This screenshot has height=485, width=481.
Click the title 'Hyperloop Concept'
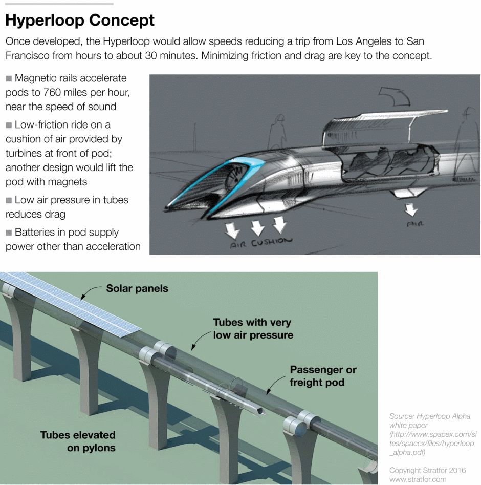[80, 20]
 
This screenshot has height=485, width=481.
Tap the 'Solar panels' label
[137, 289]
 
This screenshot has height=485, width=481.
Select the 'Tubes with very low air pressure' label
[253, 329]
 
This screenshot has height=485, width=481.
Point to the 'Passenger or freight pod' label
[323, 376]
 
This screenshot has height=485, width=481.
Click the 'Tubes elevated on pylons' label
[78, 441]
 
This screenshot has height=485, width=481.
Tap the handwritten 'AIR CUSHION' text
[261, 242]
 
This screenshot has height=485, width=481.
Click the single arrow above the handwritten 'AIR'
[410, 209]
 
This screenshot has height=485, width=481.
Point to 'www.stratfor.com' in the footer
[418, 480]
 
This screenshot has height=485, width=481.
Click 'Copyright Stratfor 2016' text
[428, 470]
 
